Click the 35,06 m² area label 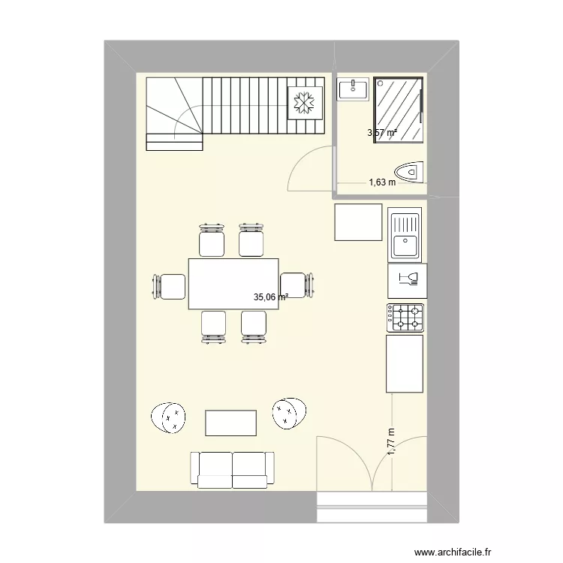(x=270, y=297)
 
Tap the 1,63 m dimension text (x=381, y=182)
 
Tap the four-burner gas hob (x=406, y=318)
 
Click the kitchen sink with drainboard (x=406, y=234)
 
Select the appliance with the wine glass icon (x=406, y=279)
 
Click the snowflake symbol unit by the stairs (x=305, y=101)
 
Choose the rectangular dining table (x=233, y=284)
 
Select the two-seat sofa (x=232, y=470)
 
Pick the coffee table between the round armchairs (x=232, y=423)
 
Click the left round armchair (x=169, y=417)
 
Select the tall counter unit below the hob (x=405, y=364)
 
